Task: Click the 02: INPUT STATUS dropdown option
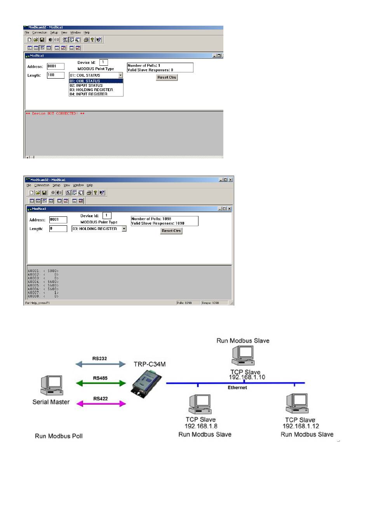(86, 86)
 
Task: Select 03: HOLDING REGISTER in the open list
(91, 90)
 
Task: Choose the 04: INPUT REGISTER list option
(89, 94)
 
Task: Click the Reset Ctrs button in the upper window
(167, 77)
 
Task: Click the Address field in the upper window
(56, 66)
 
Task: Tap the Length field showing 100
(56, 75)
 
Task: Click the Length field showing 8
(58, 229)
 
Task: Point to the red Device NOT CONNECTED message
(55, 114)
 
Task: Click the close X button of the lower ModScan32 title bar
(230, 180)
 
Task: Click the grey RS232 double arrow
(101, 364)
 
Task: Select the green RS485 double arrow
(101, 383)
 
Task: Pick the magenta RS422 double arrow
(101, 404)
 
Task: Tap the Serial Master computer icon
(52, 386)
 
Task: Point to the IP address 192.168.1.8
(201, 426)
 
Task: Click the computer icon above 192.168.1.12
(297, 404)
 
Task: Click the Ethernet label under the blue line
(237, 388)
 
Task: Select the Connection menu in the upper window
(40, 33)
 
